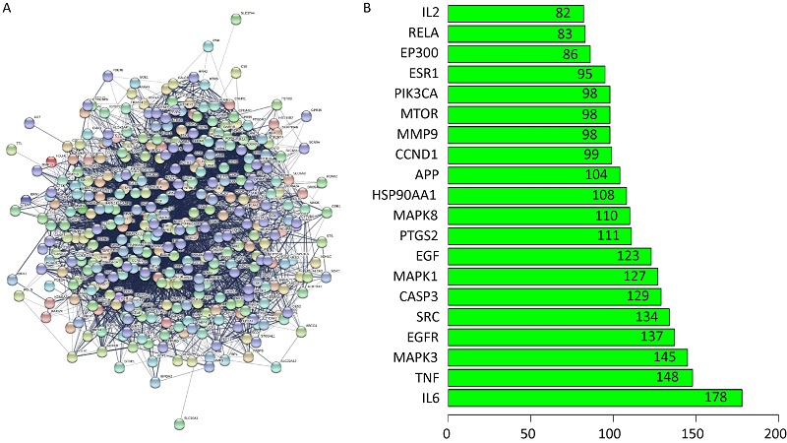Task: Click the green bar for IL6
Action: point(595,398)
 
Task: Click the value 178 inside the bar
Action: point(715,398)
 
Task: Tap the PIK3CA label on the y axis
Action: point(414,95)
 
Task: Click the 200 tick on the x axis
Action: point(775,432)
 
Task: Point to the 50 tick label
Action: point(529,432)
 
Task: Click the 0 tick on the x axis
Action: point(448,432)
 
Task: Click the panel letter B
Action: point(368,8)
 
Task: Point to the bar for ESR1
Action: point(526,74)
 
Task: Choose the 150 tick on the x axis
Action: point(694,432)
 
